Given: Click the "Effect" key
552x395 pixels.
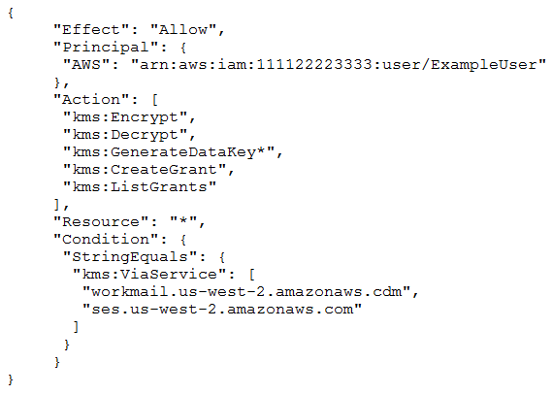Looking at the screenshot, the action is pyautogui.click(x=91, y=29).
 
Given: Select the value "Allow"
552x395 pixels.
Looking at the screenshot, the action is pyautogui.click(x=183, y=29).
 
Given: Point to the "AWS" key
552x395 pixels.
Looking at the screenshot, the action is pyautogui.click(x=86, y=65).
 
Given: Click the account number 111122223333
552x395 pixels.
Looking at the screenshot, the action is pyautogui.click(x=314, y=65).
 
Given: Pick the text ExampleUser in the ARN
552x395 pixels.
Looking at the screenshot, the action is pyautogui.click(x=483, y=65).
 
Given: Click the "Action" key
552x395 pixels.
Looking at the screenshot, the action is pyautogui.click(x=91, y=100).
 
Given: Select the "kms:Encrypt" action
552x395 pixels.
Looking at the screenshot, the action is pyautogui.click(x=126, y=117).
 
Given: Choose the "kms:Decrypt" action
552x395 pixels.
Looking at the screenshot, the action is pyautogui.click(x=126, y=135).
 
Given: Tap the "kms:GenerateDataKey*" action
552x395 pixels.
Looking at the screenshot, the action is pyautogui.click(x=169, y=152).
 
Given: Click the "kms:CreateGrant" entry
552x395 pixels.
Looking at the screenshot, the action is pyautogui.click(x=146, y=170).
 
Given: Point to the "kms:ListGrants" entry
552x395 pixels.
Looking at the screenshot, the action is pyautogui.click(x=140, y=187).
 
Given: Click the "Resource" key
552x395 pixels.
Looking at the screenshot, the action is pyautogui.click(x=101, y=222).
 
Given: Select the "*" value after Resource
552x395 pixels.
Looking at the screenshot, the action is pyautogui.click(x=183, y=222).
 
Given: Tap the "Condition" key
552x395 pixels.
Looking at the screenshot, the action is pyautogui.click(x=106, y=240).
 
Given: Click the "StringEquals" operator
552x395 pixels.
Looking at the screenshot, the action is pyautogui.click(x=130, y=257).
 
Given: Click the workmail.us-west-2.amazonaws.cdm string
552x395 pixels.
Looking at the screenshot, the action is pyautogui.click(x=246, y=292).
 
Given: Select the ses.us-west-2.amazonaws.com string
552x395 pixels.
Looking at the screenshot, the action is pyautogui.click(x=222, y=310).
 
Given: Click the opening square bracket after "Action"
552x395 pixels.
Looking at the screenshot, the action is pyautogui.click(x=155, y=100).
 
